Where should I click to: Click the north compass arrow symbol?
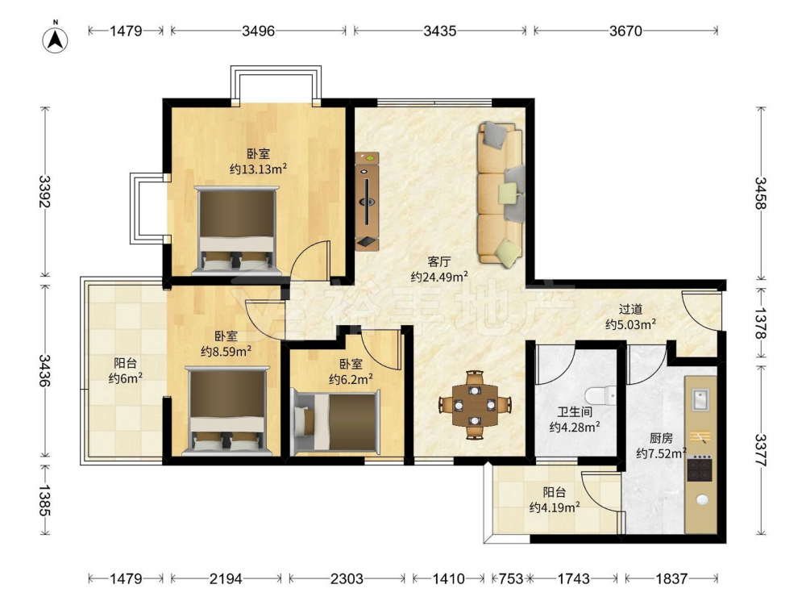pyautogui.click(x=56, y=39)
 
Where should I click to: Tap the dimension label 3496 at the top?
pyautogui.click(x=258, y=31)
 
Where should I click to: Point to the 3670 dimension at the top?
pyautogui.click(x=625, y=31)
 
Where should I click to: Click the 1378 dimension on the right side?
pyautogui.click(x=761, y=323)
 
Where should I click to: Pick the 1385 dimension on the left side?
pyautogui.click(x=44, y=500)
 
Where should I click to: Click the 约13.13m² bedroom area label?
pyautogui.click(x=258, y=169)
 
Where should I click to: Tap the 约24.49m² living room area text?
pyautogui.click(x=439, y=277)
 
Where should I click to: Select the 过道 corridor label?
pyautogui.click(x=630, y=309)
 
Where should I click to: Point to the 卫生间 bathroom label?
pyautogui.click(x=575, y=412)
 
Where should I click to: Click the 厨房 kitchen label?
pyautogui.click(x=661, y=438)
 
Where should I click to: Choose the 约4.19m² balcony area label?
pyautogui.click(x=555, y=507)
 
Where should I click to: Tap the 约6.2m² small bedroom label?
pyautogui.click(x=351, y=380)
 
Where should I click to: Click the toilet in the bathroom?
pyautogui.click(x=601, y=395)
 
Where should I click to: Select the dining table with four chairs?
pyautogui.click(x=475, y=404)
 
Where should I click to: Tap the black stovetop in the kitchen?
pyautogui.click(x=700, y=468)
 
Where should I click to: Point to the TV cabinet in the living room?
pyautogui.click(x=367, y=201)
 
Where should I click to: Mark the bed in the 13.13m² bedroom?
pyautogui.click(x=236, y=230)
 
